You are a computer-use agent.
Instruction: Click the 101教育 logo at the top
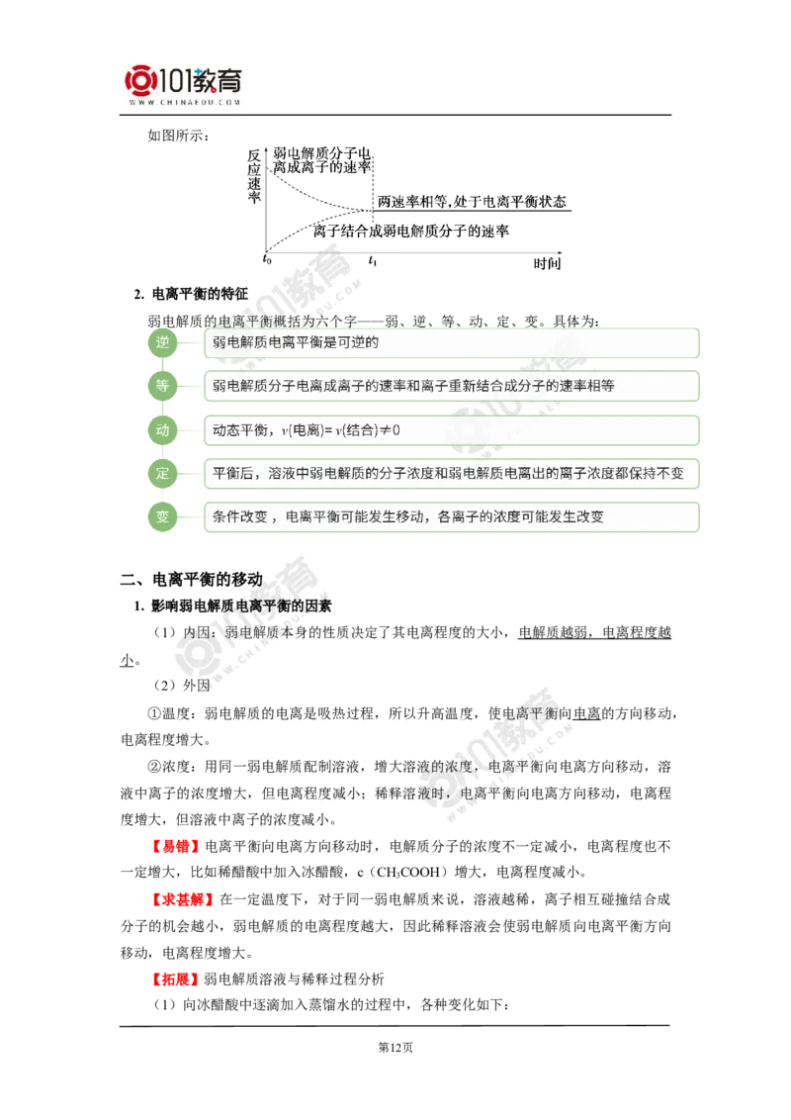click(183, 84)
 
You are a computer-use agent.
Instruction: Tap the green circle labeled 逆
click(163, 342)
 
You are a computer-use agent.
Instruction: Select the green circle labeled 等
click(163, 386)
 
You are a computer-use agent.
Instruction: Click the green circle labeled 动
click(163, 430)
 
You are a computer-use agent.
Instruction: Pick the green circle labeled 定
click(163, 473)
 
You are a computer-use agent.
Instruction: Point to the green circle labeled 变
click(163, 516)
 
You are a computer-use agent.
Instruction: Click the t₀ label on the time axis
click(267, 259)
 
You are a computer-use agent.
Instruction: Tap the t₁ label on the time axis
click(372, 261)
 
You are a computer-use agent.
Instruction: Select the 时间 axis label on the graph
click(548, 263)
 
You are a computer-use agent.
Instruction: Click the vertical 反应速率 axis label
click(254, 176)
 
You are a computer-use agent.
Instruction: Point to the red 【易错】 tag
click(176, 846)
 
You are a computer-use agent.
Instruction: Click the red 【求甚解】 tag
click(182, 899)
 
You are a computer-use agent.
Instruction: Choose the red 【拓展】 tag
click(175, 980)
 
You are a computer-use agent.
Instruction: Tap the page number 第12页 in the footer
click(395, 1047)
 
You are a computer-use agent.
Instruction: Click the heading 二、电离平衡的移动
click(192, 579)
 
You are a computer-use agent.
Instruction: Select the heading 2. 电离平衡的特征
click(192, 294)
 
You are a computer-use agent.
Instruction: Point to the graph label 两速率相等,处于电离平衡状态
click(472, 202)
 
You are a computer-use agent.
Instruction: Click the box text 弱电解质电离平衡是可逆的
click(296, 342)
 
